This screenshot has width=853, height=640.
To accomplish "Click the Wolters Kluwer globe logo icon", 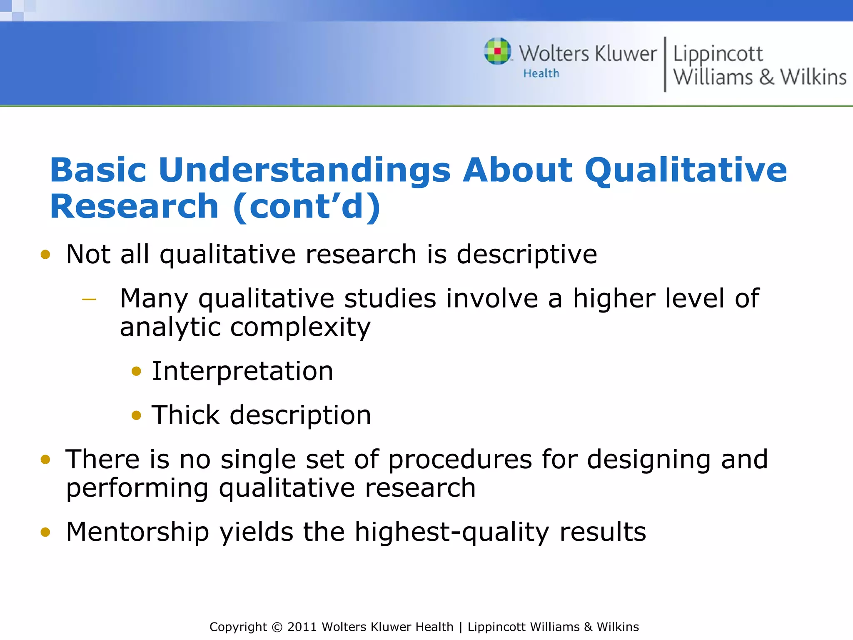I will click(x=497, y=51).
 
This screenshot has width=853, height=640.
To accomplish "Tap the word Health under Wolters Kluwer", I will click(x=541, y=74).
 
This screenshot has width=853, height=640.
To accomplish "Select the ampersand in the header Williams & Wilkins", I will click(x=766, y=77).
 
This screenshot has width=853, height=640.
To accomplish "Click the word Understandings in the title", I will click(x=304, y=170).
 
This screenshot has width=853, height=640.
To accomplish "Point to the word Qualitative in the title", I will click(x=686, y=170).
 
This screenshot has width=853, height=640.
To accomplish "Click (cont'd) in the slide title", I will click(x=307, y=207).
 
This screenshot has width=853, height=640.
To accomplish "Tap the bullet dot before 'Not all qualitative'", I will click(x=45, y=255).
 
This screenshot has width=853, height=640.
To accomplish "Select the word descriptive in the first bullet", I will click(x=526, y=255).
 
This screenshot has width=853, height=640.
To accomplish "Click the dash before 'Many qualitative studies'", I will click(x=89, y=299).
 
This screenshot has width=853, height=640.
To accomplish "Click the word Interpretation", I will click(x=242, y=371).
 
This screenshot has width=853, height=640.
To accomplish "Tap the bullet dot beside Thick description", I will click(x=136, y=415).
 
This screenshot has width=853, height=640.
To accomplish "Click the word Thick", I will click(x=185, y=415).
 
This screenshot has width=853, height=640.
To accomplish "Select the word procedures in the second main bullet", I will click(x=460, y=460).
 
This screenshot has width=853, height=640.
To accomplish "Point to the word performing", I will click(x=137, y=488).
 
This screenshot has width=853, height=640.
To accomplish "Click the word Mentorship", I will click(x=137, y=532).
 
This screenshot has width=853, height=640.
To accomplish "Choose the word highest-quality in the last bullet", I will click(x=452, y=532).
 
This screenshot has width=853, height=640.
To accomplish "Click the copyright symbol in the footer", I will click(x=277, y=627).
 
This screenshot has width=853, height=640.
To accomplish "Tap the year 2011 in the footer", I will click(x=302, y=627).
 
